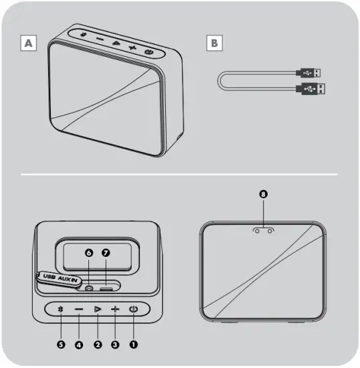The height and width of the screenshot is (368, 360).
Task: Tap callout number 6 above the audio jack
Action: pos(88,254)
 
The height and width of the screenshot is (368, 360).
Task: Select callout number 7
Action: pos(106,254)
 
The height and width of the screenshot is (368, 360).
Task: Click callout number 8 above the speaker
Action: pos(263,194)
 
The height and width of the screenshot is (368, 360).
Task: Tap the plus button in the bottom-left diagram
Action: pos(115,309)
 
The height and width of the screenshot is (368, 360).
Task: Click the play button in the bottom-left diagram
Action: pos(97,309)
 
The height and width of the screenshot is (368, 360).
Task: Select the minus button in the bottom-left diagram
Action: pos(79,309)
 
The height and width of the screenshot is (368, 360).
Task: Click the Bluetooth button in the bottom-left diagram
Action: pos(61,309)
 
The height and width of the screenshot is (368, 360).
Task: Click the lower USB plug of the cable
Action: pos(313,88)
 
